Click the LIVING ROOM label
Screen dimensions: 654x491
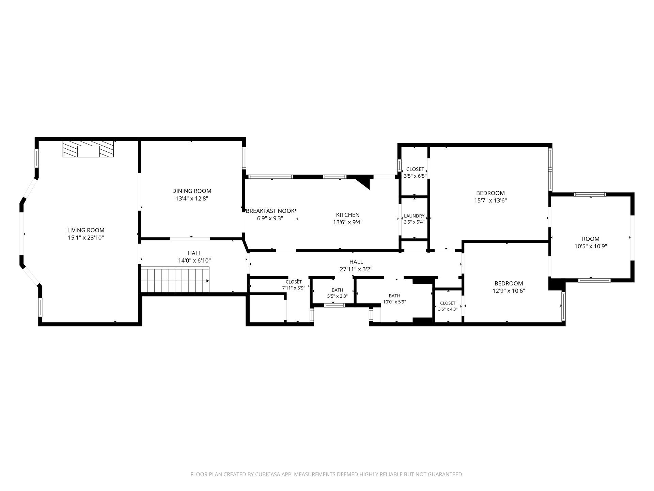[86, 230]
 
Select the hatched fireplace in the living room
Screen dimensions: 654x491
[88, 149]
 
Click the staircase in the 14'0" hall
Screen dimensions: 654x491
[175, 280]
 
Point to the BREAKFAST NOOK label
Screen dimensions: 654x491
[270, 211]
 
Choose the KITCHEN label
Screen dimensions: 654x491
[348, 215]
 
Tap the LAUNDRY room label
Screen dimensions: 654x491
[414, 216]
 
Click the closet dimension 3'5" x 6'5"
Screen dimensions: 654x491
[415, 176]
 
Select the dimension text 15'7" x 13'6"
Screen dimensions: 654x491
[490, 200]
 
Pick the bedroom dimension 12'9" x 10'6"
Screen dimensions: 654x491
[509, 291]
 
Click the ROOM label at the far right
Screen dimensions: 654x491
[591, 239]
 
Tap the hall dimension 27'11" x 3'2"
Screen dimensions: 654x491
[356, 269]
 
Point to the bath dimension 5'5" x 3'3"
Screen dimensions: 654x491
[337, 296]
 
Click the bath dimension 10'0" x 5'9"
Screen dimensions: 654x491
[394, 302]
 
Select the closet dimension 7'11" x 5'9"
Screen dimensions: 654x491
[294, 288]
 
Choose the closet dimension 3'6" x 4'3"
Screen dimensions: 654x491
[448, 309]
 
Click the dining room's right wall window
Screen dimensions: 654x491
[244, 158]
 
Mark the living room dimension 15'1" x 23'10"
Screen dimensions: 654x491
[86, 238]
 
